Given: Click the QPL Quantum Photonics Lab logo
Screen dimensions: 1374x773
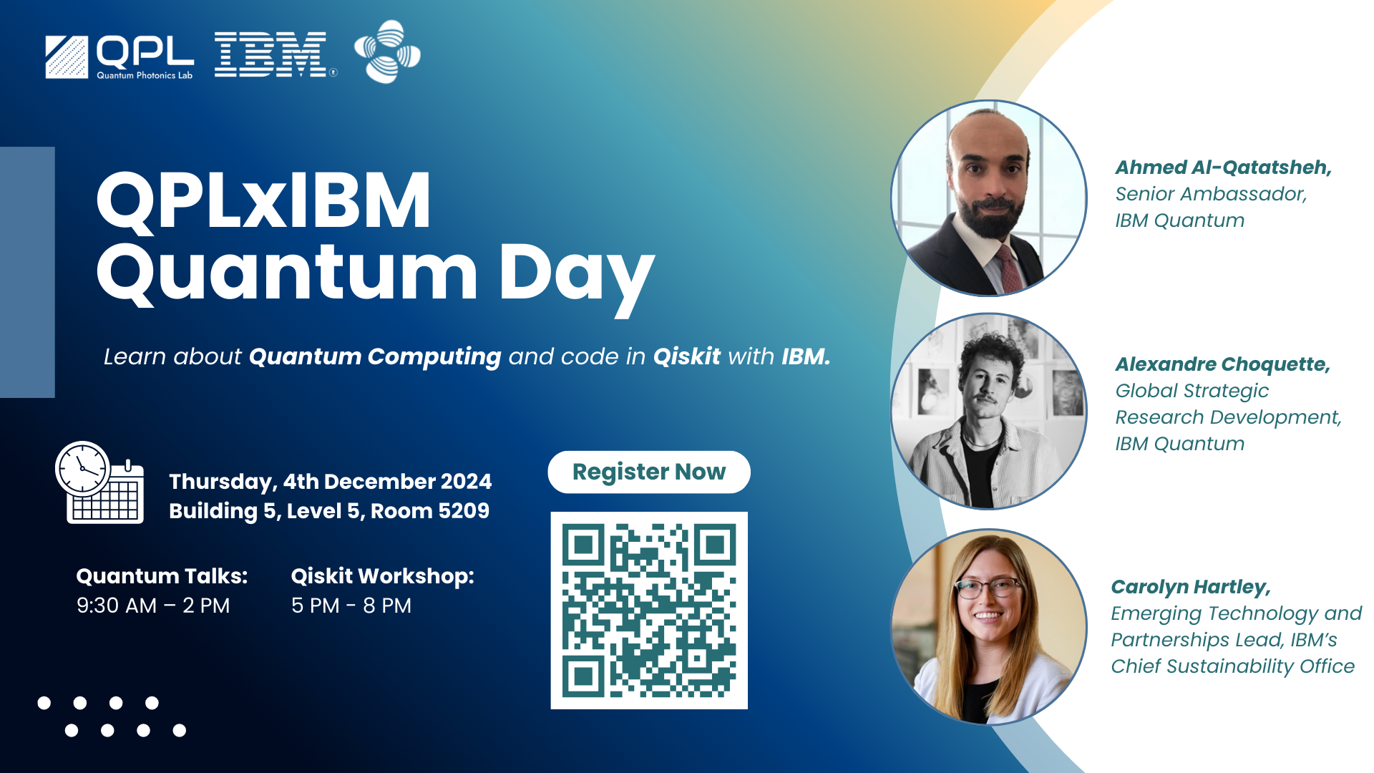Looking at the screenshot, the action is pyautogui.click(x=120, y=57).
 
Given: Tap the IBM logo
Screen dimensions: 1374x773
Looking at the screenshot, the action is pyautogui.click(x=275, y=54).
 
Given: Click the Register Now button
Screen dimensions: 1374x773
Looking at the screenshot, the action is pyautogui.click(x=649, y=472).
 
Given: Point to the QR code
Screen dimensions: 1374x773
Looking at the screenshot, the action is pyautogui.click(x=649, y=611).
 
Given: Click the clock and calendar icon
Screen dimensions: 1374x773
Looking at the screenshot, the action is pyautogui.click(x=99, y=482).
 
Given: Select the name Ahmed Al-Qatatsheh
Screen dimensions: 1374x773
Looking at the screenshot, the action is pyautogui.click(x=1223, y=167).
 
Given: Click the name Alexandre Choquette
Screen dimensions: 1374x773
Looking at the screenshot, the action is pyautogui.click(x=1222, y=364).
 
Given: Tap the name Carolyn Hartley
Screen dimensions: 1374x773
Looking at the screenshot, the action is pyautogui.click(x=1191, y=587).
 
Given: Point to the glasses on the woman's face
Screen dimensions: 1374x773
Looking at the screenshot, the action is pyautogui.click(x=988, y=588).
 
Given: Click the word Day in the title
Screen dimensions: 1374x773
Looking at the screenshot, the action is pyautogui.click(x=576, y=276).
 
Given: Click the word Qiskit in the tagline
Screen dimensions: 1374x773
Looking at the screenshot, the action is pyautogui.click(x=687, y=356).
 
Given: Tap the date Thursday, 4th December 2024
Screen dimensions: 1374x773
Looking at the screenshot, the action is pyautogui.click(x=331, y=482).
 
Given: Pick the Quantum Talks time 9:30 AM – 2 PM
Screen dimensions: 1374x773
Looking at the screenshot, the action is pyautogui.click(x=153, y=606).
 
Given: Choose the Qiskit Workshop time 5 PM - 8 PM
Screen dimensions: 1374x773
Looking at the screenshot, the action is pyautogui.click(x=351, y=606).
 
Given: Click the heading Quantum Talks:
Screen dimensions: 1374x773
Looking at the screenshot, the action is pyautogui.click(x=162, y=576).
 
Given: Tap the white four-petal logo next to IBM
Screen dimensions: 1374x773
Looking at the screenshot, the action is pyautogui.click(x=387, y=52).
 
